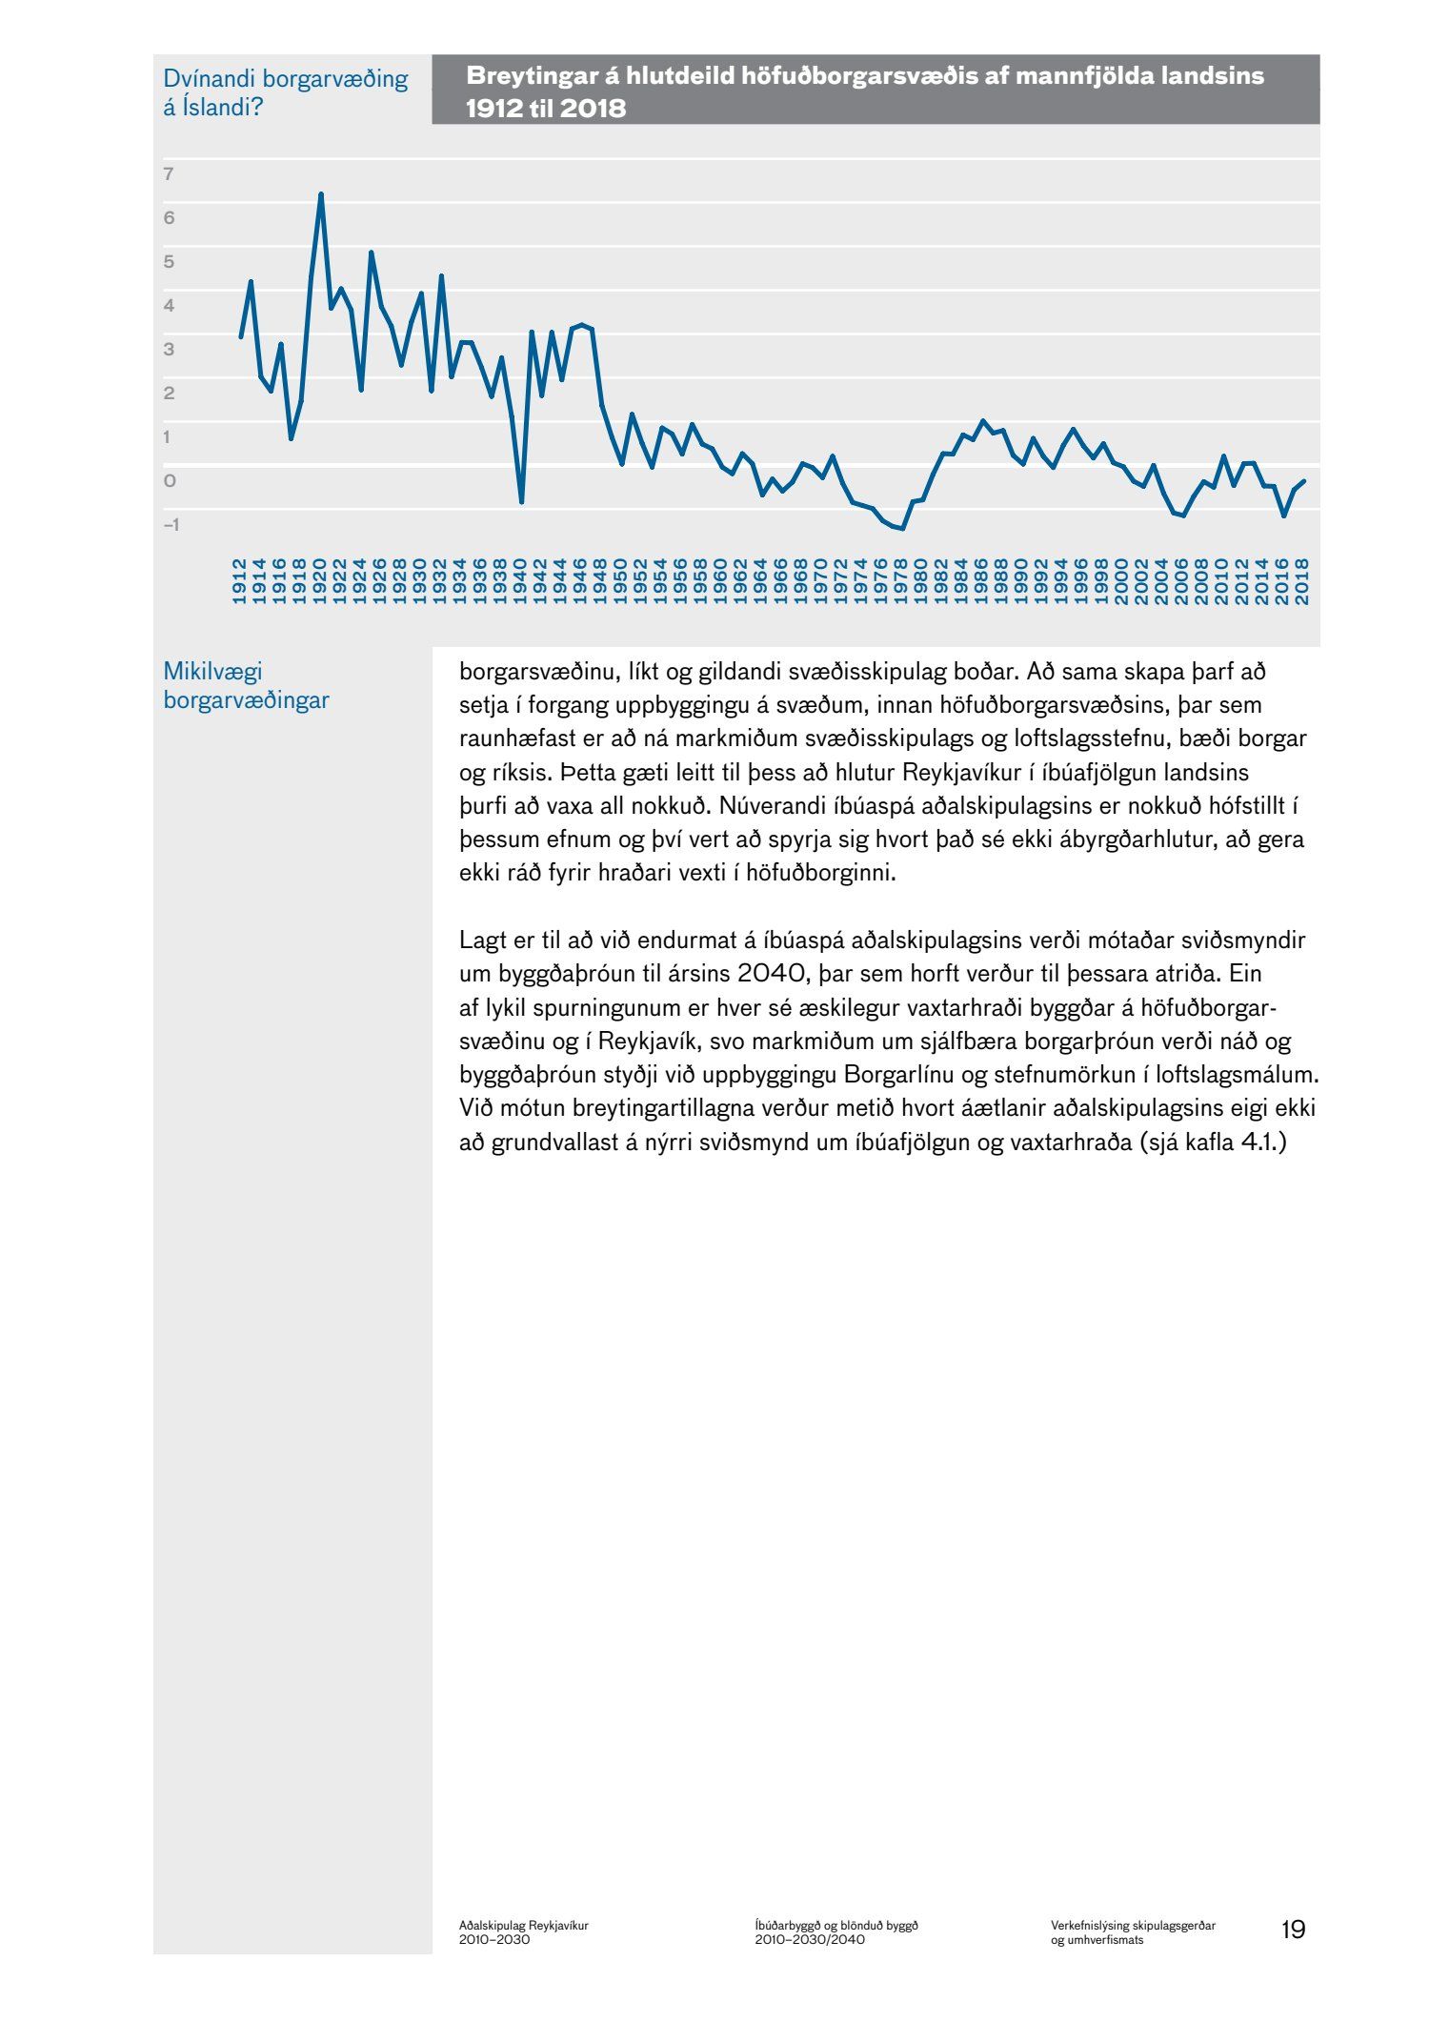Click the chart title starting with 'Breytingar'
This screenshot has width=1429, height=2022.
865,91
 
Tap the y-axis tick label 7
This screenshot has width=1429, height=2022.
169,173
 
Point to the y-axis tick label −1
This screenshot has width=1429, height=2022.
171,524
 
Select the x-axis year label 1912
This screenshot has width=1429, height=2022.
239,581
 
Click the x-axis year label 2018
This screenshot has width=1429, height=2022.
1303,581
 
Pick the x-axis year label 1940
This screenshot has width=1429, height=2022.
520,581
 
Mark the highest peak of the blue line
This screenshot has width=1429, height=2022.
321,194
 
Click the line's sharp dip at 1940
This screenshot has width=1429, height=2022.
521,501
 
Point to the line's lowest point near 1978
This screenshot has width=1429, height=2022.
902,529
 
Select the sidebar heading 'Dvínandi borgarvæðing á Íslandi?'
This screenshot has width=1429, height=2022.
285,91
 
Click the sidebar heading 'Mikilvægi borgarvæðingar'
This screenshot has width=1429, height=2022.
246,685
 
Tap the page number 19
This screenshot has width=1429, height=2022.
1293,1930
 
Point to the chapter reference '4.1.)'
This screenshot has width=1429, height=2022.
1262,1142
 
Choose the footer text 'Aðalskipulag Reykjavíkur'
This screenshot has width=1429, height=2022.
524,1925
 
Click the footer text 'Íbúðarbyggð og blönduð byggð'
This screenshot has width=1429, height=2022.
836,1925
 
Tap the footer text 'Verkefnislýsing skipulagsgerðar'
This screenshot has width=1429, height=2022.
1134,1925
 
